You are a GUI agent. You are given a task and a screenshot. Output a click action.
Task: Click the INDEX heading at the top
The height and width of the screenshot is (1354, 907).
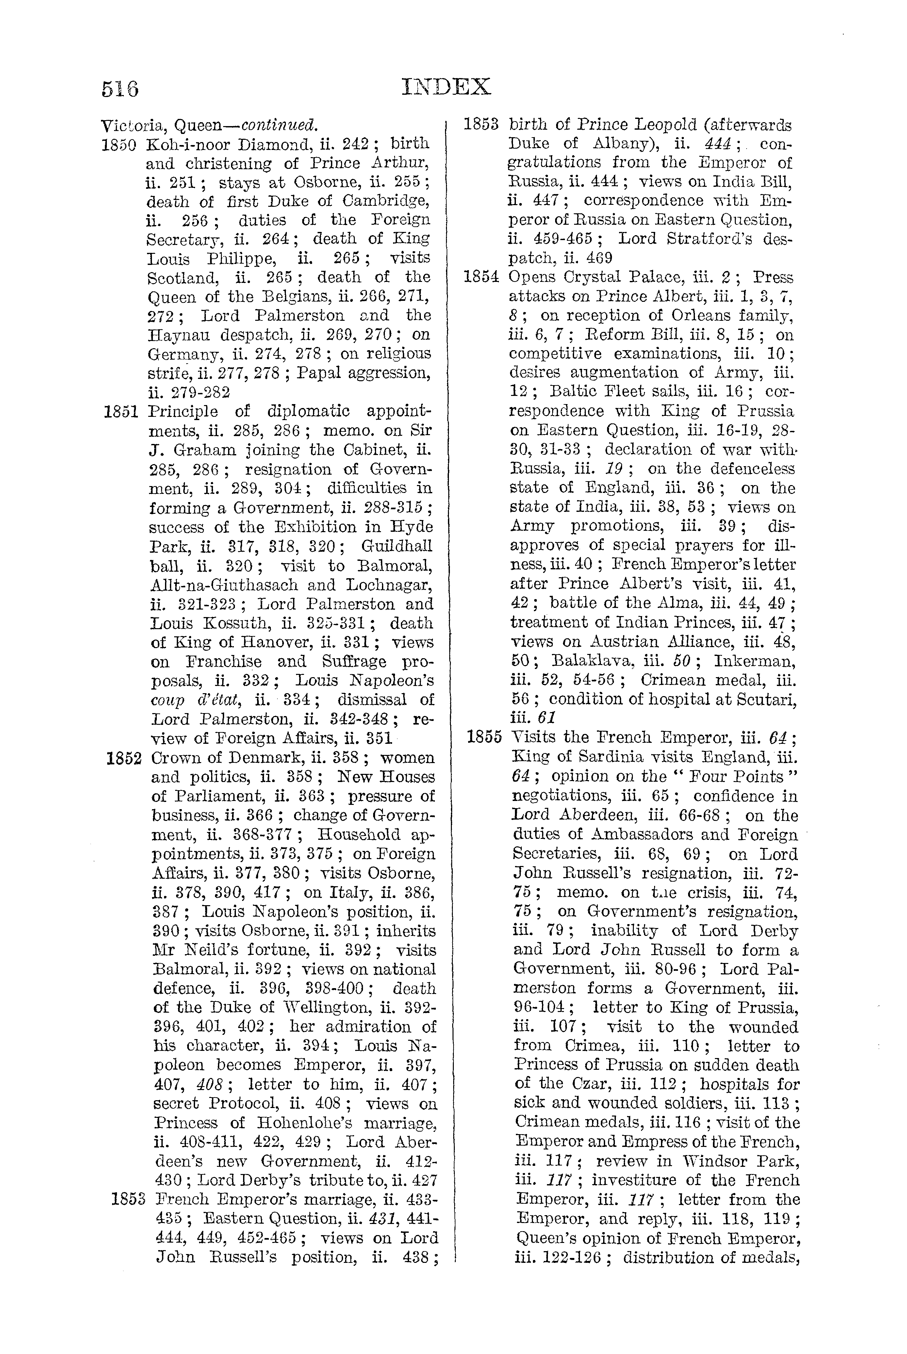446,87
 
